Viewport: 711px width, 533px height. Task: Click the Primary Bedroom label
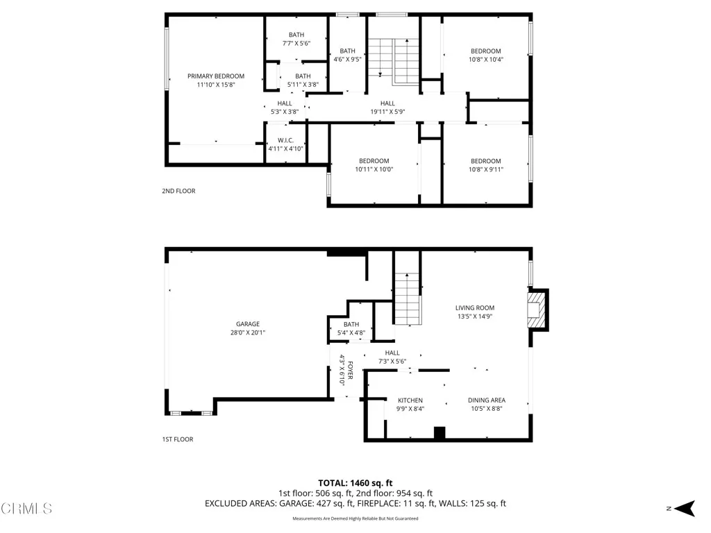(x=215, y=76)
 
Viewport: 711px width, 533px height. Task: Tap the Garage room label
(x=247, y=324)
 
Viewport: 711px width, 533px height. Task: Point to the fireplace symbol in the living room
(x=536, y=309)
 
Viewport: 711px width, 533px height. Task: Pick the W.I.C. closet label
(x=285, y=140)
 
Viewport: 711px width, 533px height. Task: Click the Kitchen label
(x=410, y=400)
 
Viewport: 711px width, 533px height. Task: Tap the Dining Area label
(x=486, y=400)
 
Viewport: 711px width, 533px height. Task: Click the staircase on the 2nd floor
(x=393, y=59)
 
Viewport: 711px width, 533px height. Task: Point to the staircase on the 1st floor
(x=408, y=298)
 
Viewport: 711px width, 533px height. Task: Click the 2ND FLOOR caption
(x=178, y=191)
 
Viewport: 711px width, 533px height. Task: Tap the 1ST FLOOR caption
(x=177, y=439)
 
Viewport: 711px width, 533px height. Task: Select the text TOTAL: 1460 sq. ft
(x=355, y=482)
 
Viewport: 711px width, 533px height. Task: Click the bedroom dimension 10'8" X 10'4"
(x=485, y=60)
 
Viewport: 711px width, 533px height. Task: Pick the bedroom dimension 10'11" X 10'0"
(x=374, y=169)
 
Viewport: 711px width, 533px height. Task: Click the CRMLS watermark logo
(x=26, y=509)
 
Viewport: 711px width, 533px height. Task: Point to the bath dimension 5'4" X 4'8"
(x=351, y=333)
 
